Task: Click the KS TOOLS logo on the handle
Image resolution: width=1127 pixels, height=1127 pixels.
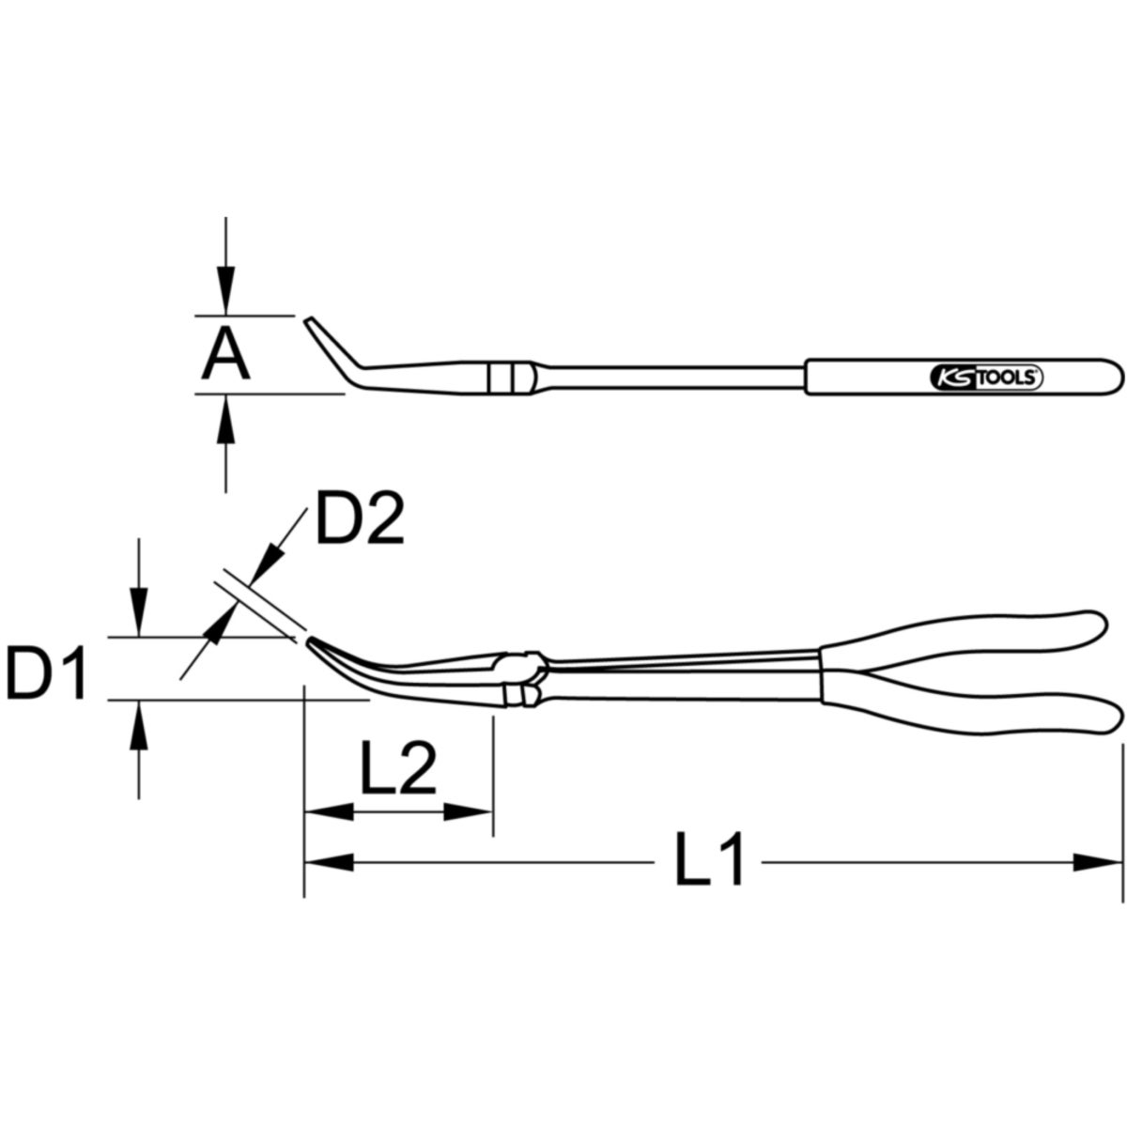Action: pos(986,378)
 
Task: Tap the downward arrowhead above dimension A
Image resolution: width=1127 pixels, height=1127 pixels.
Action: pos(225,290)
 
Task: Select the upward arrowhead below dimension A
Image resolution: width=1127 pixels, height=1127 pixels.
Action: pos(225,418)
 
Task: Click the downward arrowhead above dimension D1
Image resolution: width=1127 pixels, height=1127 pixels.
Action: pos(138,612)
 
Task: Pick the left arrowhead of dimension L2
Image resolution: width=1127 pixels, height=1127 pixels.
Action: pos(330,812)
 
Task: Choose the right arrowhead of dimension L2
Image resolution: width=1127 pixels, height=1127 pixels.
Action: pos(468,812)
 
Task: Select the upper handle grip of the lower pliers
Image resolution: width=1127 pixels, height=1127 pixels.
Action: pos(965,642)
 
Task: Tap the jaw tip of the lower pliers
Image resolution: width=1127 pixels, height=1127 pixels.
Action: pos(309,641)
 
